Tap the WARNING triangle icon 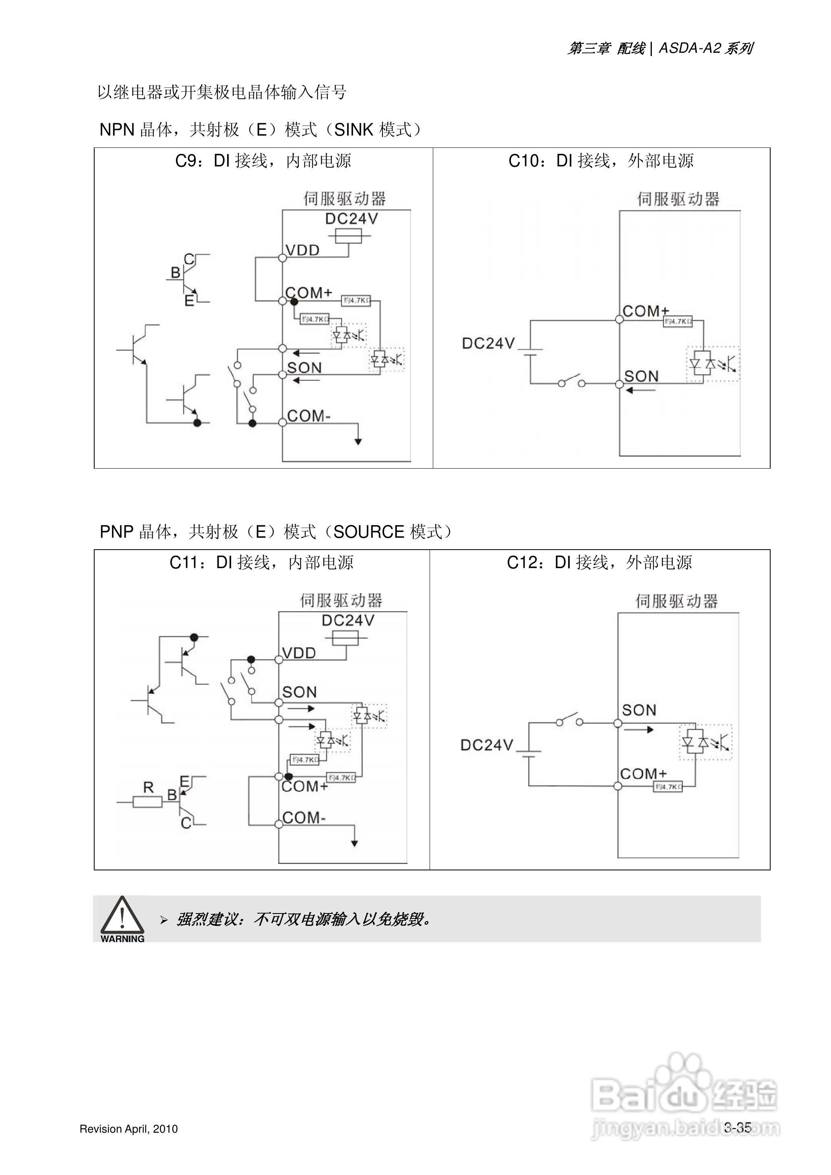click(x=122, y=917)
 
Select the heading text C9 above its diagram click(x=263, y=161)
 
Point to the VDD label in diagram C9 click(x=302, y=250)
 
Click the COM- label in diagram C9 click(x=308, y=416)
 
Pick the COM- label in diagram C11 click(x=304, y=818)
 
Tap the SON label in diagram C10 click(x=641, y=376)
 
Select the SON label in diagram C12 click(x=639, y=710)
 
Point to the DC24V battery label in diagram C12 click(x=487, y=745)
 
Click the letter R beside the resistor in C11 click(x=149, y=787)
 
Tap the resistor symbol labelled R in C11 click(x=147, y=802)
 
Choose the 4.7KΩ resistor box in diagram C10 click(x=678, y=322)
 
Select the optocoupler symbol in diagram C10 click(x=713, y=363)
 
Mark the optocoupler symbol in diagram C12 click(x=706, y=742)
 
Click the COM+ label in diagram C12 click(x=643, y=774)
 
